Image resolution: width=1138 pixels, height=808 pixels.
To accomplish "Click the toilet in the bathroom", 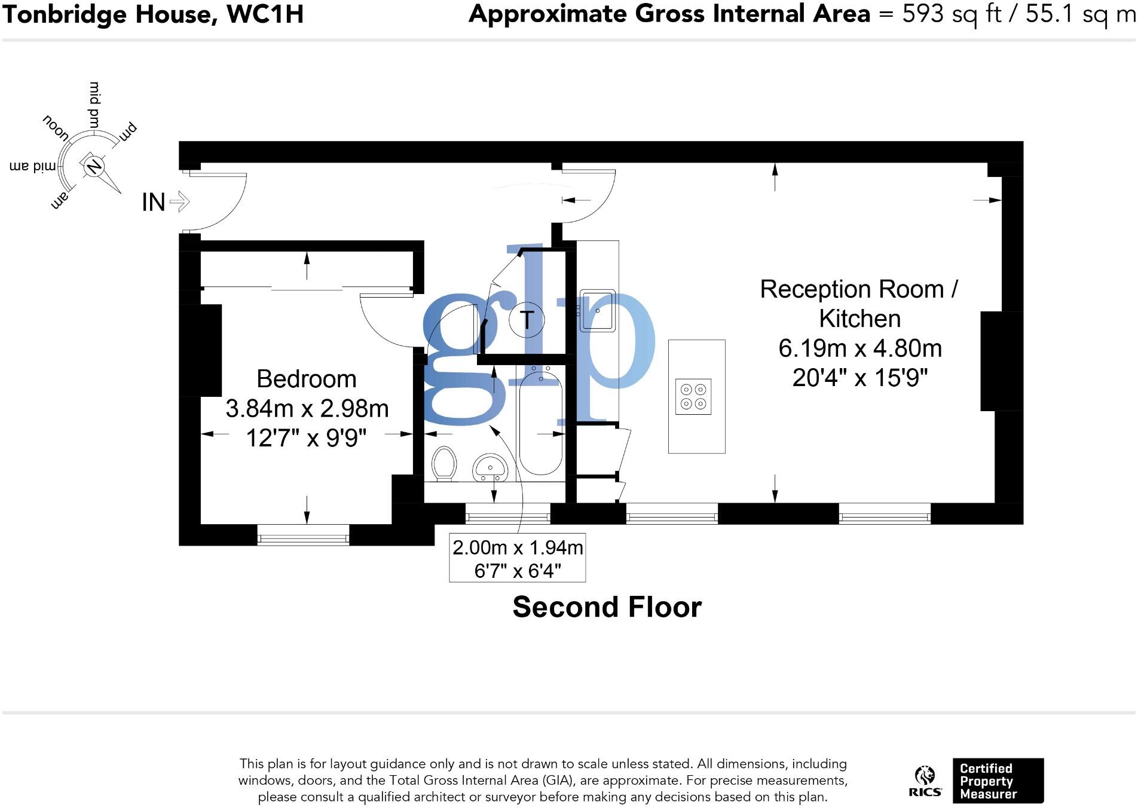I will point(444,463).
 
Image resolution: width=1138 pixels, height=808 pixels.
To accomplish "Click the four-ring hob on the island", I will point(693,397).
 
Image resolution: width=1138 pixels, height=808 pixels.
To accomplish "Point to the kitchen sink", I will point(597,311).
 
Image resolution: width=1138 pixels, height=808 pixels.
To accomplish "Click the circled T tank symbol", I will point(527,319).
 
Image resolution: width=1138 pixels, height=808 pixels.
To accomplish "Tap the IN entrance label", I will point(154,202).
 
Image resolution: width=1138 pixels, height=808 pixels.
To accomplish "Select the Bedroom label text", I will point(306,379).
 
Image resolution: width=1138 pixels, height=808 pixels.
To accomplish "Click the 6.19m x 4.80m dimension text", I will point(859,348).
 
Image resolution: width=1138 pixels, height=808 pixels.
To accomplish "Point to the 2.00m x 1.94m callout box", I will point(517,558).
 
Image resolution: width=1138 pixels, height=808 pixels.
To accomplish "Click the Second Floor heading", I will point(607,607).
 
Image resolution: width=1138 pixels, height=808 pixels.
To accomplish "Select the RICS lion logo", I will point(925,781).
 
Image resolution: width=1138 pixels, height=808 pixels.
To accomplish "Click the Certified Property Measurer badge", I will point(998,781).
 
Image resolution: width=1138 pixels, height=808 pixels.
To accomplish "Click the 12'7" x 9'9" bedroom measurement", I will point(306,438).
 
